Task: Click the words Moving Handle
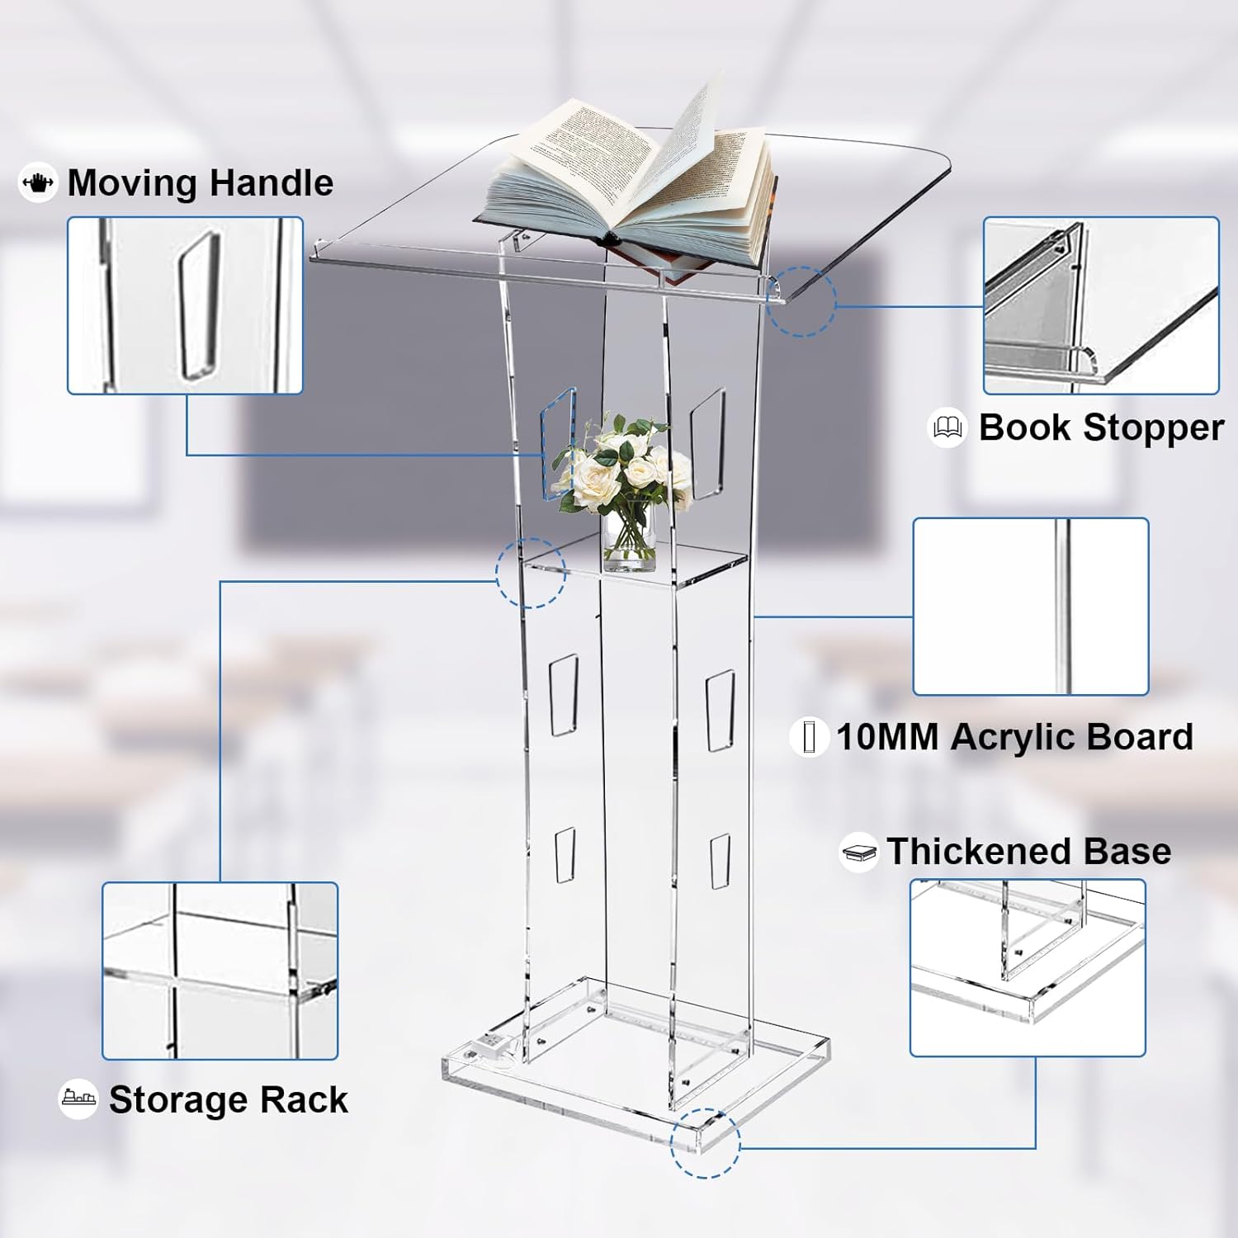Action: [201, 183]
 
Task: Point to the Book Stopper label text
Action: [1101, 428]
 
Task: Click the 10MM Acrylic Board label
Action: [1014, 737]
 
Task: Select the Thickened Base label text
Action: [1028, 851]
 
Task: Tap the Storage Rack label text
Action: [229, 1100]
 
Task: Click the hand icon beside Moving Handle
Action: [38, 182]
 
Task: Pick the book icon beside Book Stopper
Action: [947, 428]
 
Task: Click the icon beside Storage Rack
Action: [78, 1099]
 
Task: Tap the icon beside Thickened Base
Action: [858, 852]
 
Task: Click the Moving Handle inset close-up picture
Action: [185, 305]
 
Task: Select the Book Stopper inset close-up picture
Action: [1101, 305]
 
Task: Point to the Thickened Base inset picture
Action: [1028, 967]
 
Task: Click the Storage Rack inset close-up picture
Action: [220, 971]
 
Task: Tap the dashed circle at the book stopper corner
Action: [801, 301]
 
